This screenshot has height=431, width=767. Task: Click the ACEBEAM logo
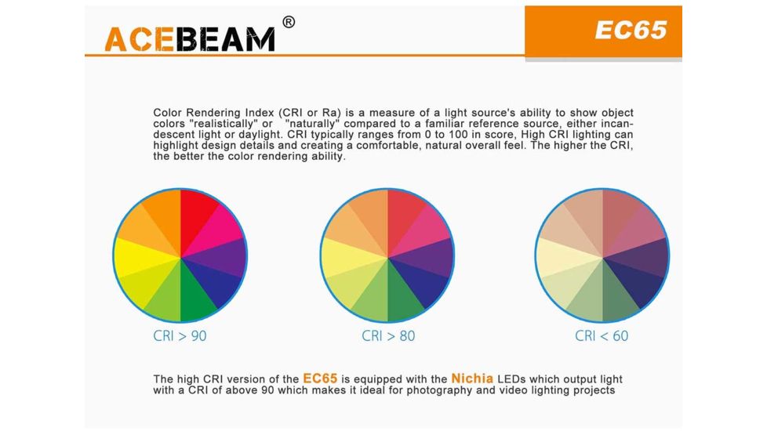click(190, 39)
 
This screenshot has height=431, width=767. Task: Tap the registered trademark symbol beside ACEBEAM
click(289, 22)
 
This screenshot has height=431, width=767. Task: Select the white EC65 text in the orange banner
click(631, 30)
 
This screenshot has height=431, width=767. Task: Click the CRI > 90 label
click(180, 335)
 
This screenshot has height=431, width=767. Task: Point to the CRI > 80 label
click(388, 335)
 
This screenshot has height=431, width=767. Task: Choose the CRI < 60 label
click(602, 335)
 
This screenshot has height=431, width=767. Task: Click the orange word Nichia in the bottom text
click(472, 378)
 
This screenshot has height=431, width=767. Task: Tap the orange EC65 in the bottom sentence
click(320, 378)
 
